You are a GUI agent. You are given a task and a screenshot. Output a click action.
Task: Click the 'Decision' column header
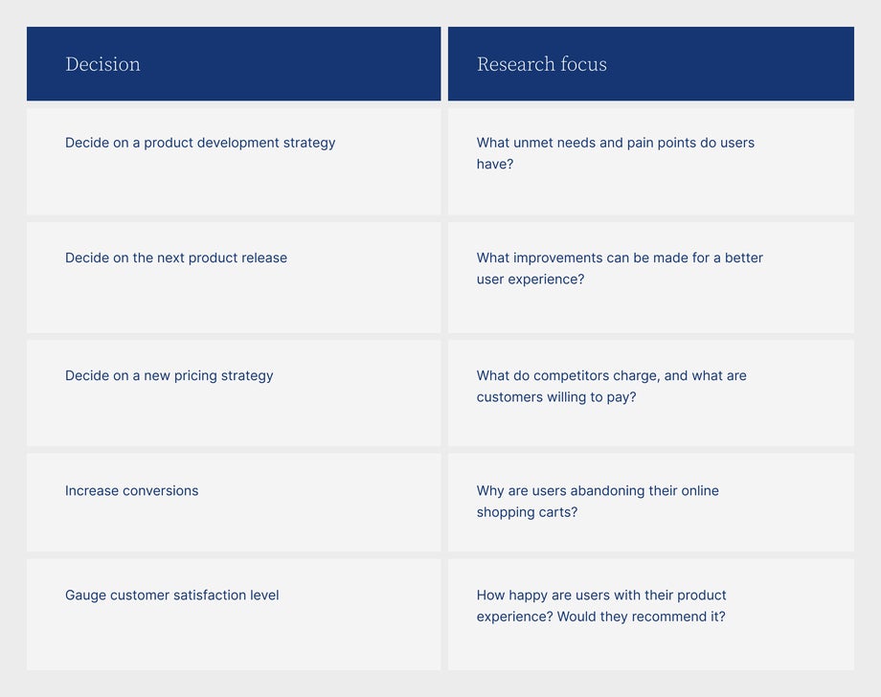[x=102, y=64]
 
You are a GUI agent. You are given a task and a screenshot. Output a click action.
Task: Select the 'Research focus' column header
[x=541, y=64]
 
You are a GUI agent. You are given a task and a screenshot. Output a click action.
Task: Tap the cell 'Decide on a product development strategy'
[x=200, y=143]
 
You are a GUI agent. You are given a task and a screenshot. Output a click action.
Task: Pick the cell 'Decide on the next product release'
[x=176, y=258]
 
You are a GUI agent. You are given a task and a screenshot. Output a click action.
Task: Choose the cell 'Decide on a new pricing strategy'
[x=169, y=375]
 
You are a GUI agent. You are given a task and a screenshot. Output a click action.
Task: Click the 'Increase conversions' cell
[x=132, y=490]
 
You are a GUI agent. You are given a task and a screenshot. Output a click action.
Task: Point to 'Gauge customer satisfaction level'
[x=172, y=595]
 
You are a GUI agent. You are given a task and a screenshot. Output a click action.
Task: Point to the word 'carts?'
[x=557, y=512]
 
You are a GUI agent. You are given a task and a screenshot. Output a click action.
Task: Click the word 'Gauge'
[x=85, y=595]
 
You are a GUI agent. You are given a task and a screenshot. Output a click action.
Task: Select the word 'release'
[x=263, y=258]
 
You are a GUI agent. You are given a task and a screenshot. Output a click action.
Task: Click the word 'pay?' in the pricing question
[x=621, y=397]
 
